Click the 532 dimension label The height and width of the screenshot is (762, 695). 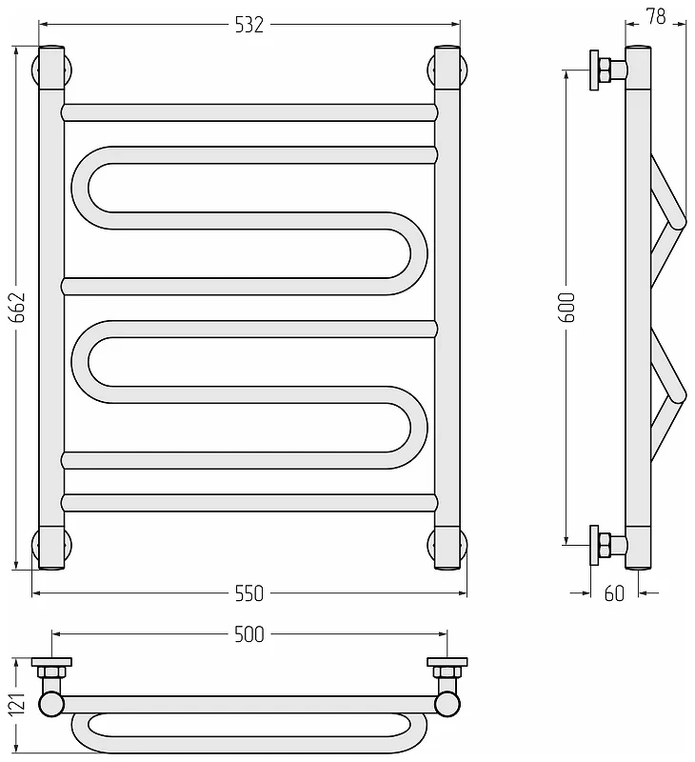[248, 25]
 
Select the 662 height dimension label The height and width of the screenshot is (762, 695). [17, 308]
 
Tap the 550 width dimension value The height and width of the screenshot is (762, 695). [248, 593]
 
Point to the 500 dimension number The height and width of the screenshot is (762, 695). [248, 634]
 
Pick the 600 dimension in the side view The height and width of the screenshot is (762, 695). [567, 308]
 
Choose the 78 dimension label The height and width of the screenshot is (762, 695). [656, 17]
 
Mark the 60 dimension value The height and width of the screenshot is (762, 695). [614, 593]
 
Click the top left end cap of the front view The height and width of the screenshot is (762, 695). [51, 68]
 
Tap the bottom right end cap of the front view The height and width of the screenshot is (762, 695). [447, 548]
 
